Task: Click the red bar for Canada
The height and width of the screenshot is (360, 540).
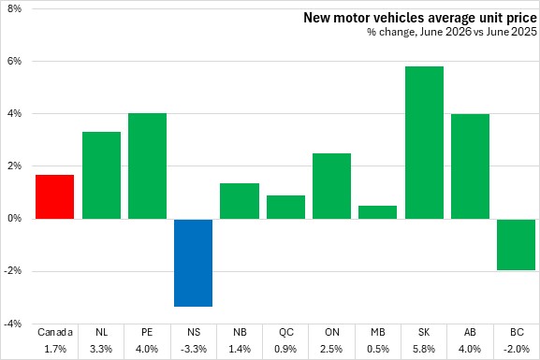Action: (x=55, y=197)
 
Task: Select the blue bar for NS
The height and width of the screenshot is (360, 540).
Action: (x=193, y=263)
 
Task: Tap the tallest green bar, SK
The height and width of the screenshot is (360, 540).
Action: (x=424, y=142)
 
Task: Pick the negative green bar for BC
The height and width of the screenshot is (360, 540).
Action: (x=516, y=244)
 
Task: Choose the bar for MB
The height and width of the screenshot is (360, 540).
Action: (x=377, y=212)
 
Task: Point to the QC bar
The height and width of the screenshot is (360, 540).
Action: (x=285, y=208)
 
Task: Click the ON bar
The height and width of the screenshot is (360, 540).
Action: (x=331, y=186)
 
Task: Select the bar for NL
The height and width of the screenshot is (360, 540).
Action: (x=102, y=175)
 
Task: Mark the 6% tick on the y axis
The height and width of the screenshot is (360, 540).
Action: (x=14, y=61)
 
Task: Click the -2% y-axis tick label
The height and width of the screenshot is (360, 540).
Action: (x=13, y=271)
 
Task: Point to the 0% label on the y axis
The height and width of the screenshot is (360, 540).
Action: (x=14, y=218)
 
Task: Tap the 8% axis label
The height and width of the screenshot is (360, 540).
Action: (x=14, y=8)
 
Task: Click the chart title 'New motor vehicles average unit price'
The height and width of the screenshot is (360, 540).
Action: (x=420, y=18)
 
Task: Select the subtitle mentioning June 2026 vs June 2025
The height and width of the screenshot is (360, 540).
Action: (x=452, y=32)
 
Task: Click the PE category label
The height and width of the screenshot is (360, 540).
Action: (x=147, y=332)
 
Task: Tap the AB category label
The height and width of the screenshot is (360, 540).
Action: (x=470, y=332)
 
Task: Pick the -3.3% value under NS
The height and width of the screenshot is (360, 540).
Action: (x=194, y=349)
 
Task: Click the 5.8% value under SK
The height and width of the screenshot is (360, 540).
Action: (x=424, y=349)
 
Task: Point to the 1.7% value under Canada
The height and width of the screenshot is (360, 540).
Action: (x=55, y=349)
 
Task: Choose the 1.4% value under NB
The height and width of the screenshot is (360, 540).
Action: (x=240, y=349)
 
